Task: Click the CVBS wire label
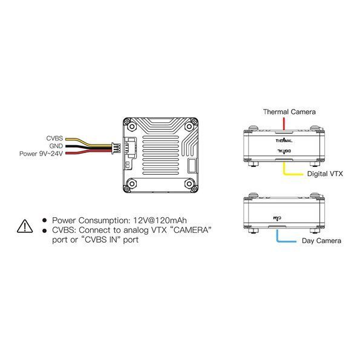click(x=54, y=138)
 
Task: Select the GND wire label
click(x=56, y=146)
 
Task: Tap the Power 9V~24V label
click(x=41, y=154)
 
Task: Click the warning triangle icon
click(x=25, y=226)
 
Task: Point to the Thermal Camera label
click(x=289, y=112)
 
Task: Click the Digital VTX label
click(x=325, y=174)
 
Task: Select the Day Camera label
click(x=322, y=241)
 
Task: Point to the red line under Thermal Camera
click(x=284, y=123)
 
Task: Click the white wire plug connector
click(x=116, y=148)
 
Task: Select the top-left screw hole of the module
click(x=132, y=126)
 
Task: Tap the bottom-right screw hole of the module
click(x=189, y=183)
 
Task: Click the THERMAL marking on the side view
click(x=284, y=140)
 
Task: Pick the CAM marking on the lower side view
click(x=277, y=218)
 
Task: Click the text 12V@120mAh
click(x=160, y=220)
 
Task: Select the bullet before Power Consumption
click(x=45, y=221)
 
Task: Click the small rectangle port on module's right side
click(x=192, y=166)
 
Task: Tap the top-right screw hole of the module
click(x=189, y=126)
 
